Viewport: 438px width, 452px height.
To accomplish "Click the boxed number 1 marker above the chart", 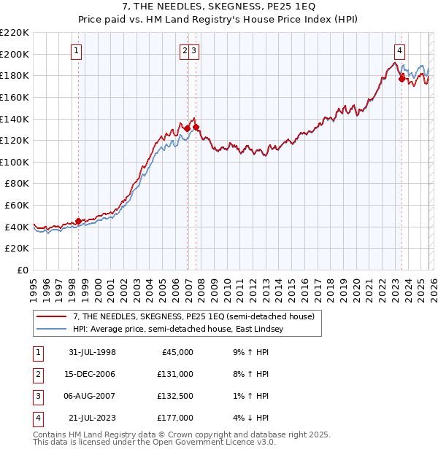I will click(x=77, y=51).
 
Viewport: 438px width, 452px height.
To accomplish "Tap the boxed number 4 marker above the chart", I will click(x=400, y=51).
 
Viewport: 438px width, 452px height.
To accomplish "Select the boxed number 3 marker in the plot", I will click(x=196, y=51).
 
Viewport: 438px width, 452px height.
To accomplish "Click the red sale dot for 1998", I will click(x=79, y=222).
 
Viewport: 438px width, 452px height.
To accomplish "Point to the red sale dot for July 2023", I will click(x=401, y=79).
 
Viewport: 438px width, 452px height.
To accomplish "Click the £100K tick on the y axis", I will click(x=15, y=162).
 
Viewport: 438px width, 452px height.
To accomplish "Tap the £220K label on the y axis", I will click(x=15, y=33).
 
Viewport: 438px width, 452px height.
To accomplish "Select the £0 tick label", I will click(x=22, y=270).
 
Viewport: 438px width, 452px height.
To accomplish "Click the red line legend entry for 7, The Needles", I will click(x=193, y=316).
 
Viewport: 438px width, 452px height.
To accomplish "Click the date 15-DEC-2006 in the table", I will click(x=92, y=374).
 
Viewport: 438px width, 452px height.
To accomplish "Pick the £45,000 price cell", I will click(x=176, y=352).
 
